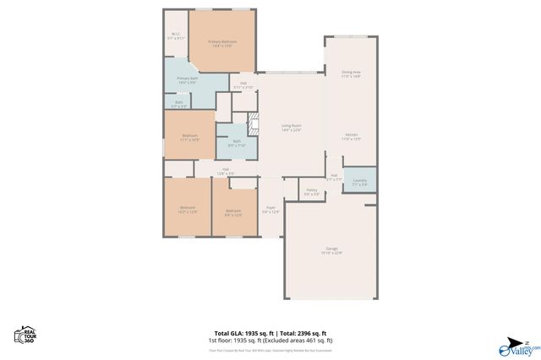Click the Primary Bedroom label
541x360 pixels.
pos(221,42)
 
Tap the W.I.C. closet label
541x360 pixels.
pos(175,36)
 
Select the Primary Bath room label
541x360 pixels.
pos(187,80)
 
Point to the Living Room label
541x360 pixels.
pos(291,128)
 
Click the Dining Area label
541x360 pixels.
pos(351,74)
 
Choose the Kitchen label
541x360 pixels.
pos(351,137)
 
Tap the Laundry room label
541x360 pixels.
pos(359,182)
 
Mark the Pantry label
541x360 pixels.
pos(311,192)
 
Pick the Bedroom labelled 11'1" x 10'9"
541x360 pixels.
pos(189,137)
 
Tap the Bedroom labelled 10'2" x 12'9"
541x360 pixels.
pos(187,210)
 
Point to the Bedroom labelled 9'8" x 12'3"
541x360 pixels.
pos(233,212)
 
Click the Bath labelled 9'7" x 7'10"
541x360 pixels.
pos(236,143)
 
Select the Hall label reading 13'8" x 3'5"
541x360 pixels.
pos(226,171)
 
